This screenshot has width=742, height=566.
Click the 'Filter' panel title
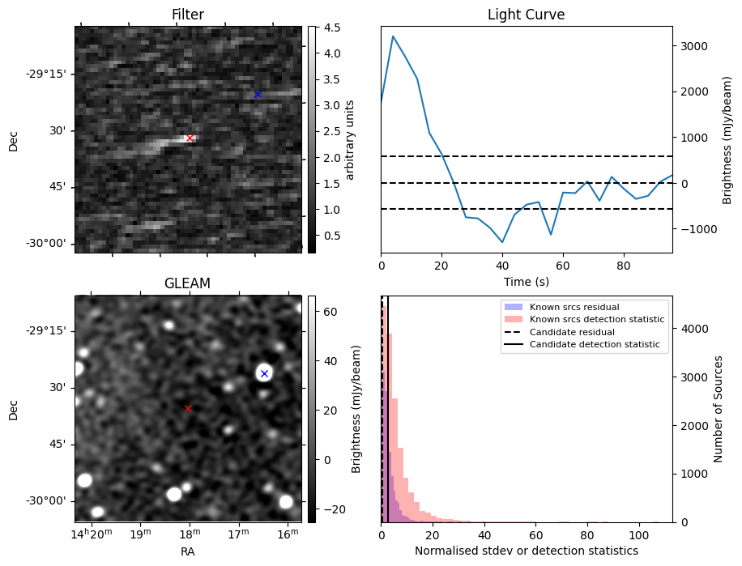[187, 15]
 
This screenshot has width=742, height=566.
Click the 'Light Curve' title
[526, 15]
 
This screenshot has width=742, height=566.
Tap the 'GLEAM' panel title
[187, 283]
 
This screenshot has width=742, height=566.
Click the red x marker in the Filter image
[190, 138]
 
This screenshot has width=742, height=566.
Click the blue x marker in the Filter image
[258, 95]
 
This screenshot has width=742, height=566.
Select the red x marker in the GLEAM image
[188, 409]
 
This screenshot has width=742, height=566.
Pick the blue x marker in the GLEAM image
[264, 373]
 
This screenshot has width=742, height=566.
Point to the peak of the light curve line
[393, 36]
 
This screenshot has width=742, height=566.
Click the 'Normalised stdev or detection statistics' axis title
[526, 551]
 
